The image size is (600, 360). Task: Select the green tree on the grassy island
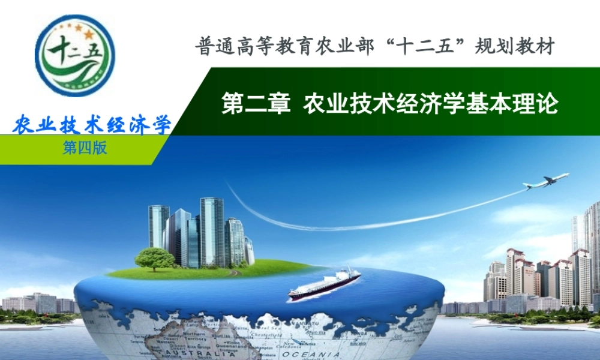tap(154, 259)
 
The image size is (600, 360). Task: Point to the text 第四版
tap(85, 148)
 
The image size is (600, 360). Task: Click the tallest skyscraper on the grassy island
tap(212, 231)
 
